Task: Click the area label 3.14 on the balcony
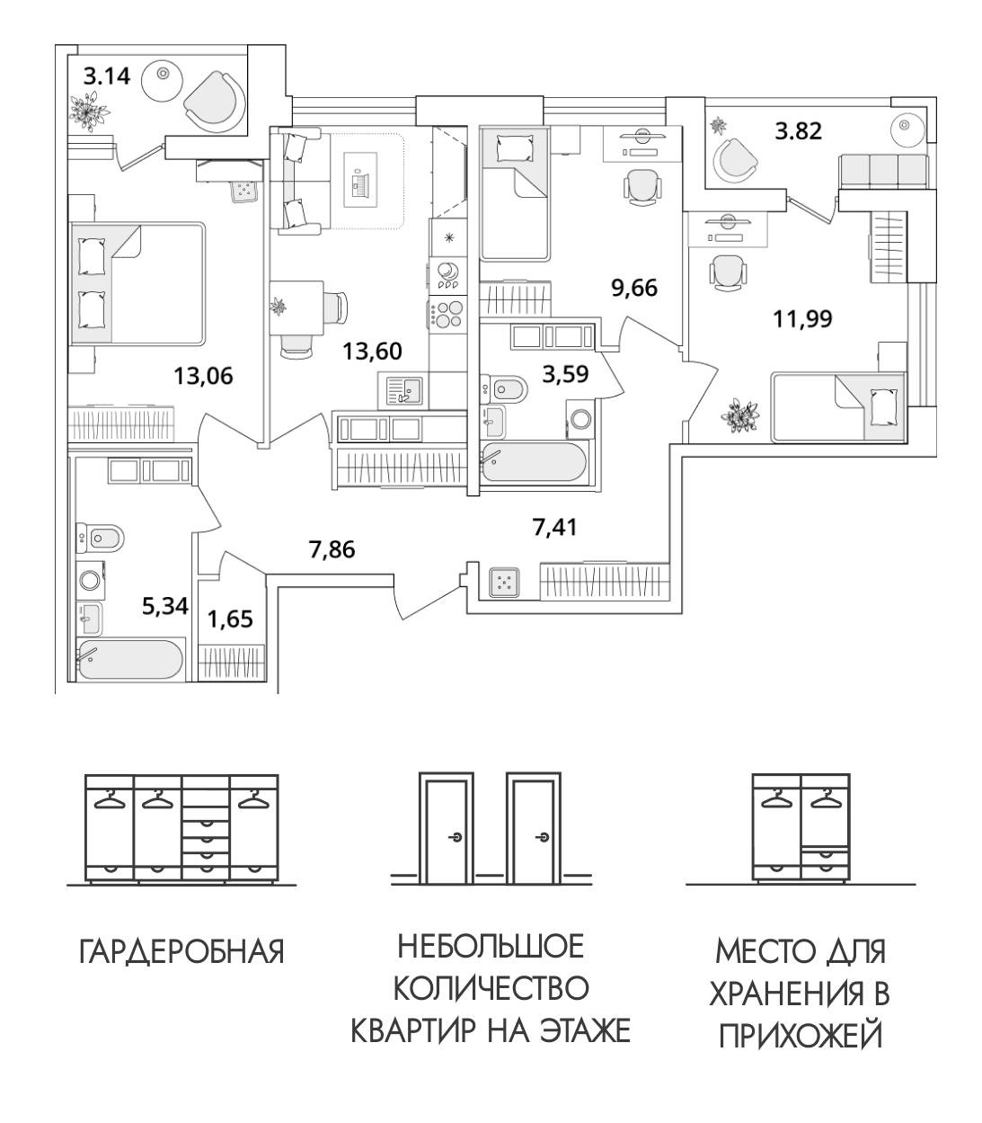[x=107, y=76]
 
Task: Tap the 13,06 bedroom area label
[x=202, y=376]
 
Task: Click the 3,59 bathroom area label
[x=565, y=373]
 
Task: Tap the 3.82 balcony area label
[x=799, y=132]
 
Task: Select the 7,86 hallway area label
[x=332, y=548]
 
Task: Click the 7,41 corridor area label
[x=553, y=526]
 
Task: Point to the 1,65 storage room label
[x=229, y=619]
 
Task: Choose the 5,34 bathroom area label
[x=164, y=606]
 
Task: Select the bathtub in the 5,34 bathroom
[x=130, y=661]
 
